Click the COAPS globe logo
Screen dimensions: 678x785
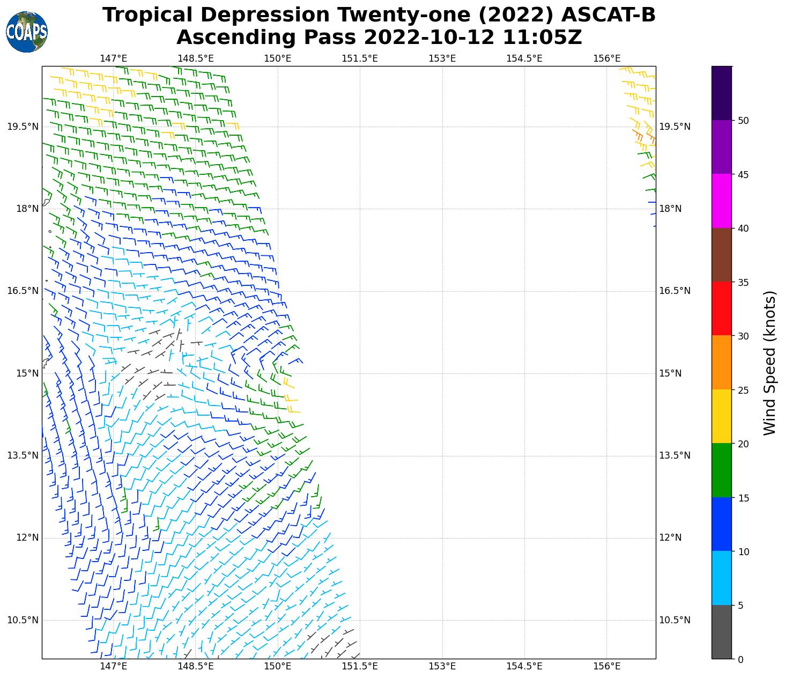pyautogui.click(x=27, y=32)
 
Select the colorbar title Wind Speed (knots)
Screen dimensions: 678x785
pyautogui.click(x=769, y=363)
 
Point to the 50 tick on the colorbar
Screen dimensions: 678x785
pyautogui.click(x=743, y=121)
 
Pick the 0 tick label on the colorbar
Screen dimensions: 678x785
pyautogui.click(x=740, y=659)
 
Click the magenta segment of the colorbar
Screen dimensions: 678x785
pyautogui.click(x=722, y=201)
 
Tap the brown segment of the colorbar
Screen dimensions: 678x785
pyautogui.click(x=722, y=255)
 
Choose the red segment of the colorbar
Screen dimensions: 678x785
pyautogui.click(x=722, y=308)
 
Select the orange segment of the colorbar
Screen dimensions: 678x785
pyautogui.click(x=722, y=363)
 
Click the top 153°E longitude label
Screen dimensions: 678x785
pyautogui.click(x=442, y=58)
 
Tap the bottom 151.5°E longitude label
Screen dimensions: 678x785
pyautogui.click(x=360, y=666)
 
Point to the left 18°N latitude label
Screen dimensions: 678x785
pyautogui.click(x=28, y=209)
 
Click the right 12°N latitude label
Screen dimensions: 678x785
pyautogui.click(x=670, y=537)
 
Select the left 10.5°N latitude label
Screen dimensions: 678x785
pyautogui.click(x=23, y=620)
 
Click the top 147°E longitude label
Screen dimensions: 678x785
pyautogui.click(x=113, y=58)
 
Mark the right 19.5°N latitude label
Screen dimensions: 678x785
pyautogui.click(x=675, y=127)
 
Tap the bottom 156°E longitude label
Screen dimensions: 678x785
pyautogui.click(x=607, y=666)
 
